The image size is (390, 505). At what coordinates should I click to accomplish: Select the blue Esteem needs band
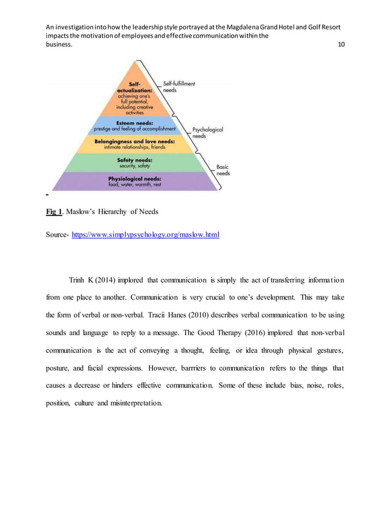tap(135, 125)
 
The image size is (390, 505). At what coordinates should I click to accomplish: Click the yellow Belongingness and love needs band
tap(134, 144)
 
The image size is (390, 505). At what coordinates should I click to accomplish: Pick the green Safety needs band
tap(134, 163)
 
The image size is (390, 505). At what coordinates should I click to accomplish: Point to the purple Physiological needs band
tap(134, 181)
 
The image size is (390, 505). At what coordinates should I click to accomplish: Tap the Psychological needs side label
tap(208, 133)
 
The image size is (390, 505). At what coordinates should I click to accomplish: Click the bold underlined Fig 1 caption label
tap(54, 212)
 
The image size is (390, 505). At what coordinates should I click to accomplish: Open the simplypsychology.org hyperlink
tap(145, 234)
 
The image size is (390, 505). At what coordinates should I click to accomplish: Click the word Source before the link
tap(57, 234)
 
